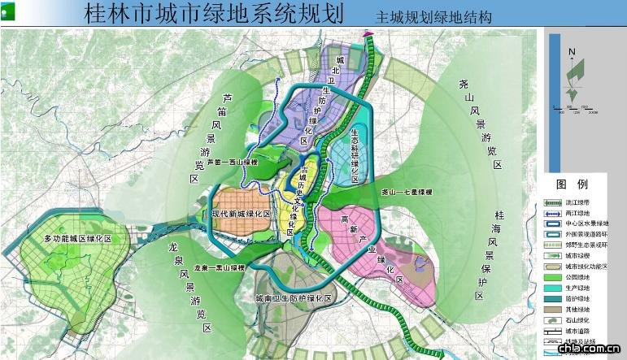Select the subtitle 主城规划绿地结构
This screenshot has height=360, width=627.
click(x=433, y=17)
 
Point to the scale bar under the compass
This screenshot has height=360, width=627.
click(x=573, y=109)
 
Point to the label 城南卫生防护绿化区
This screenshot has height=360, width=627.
click(x=292, y=299)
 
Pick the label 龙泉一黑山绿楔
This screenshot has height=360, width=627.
click(x=220, y=267)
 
